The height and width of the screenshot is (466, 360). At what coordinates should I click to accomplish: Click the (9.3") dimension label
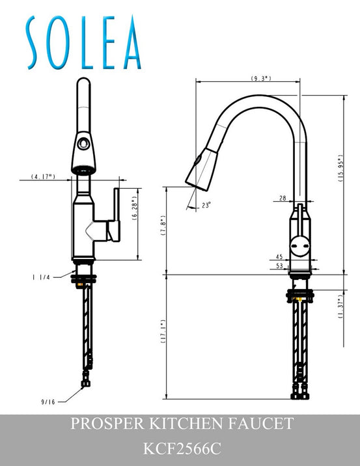[261, 78]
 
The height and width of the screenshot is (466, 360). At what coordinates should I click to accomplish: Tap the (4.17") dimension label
[42, 176]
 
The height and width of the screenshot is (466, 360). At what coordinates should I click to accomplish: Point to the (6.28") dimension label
[135, 212]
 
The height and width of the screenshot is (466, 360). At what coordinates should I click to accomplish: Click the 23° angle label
[206, 205]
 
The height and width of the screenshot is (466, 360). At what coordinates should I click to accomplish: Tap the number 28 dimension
[283, 198]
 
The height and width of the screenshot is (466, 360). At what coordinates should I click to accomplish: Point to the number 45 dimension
[279, 256]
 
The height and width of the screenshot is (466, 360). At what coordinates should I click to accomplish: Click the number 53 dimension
[279, 266]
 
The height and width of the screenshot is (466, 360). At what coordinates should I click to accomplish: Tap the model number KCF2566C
[180, 449]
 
